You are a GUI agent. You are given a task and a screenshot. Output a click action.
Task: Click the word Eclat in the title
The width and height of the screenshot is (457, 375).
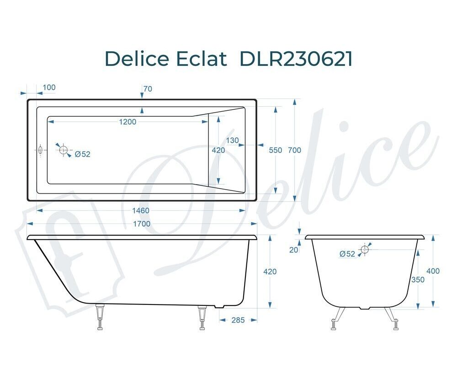(202, 59)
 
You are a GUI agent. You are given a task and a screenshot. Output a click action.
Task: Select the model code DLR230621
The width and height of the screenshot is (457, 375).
(296, 59)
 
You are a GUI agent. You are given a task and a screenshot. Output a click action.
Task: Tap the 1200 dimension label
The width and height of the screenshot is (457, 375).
(128, 122)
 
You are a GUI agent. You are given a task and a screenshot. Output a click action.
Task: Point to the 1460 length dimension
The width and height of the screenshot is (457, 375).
(141, 211)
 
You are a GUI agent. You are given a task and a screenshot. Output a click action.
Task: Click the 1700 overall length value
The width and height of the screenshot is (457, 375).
(142, 224)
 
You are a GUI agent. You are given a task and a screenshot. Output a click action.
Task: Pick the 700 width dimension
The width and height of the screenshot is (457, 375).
(294, 150)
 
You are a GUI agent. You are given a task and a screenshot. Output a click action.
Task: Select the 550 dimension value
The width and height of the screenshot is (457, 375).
(276, 150)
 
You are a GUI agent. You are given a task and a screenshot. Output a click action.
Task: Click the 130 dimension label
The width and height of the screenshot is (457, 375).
(232, 141)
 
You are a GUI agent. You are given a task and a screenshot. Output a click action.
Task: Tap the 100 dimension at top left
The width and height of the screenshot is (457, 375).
(49, 87)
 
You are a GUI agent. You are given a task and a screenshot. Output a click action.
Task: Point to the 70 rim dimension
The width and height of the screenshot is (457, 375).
(148, 89)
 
